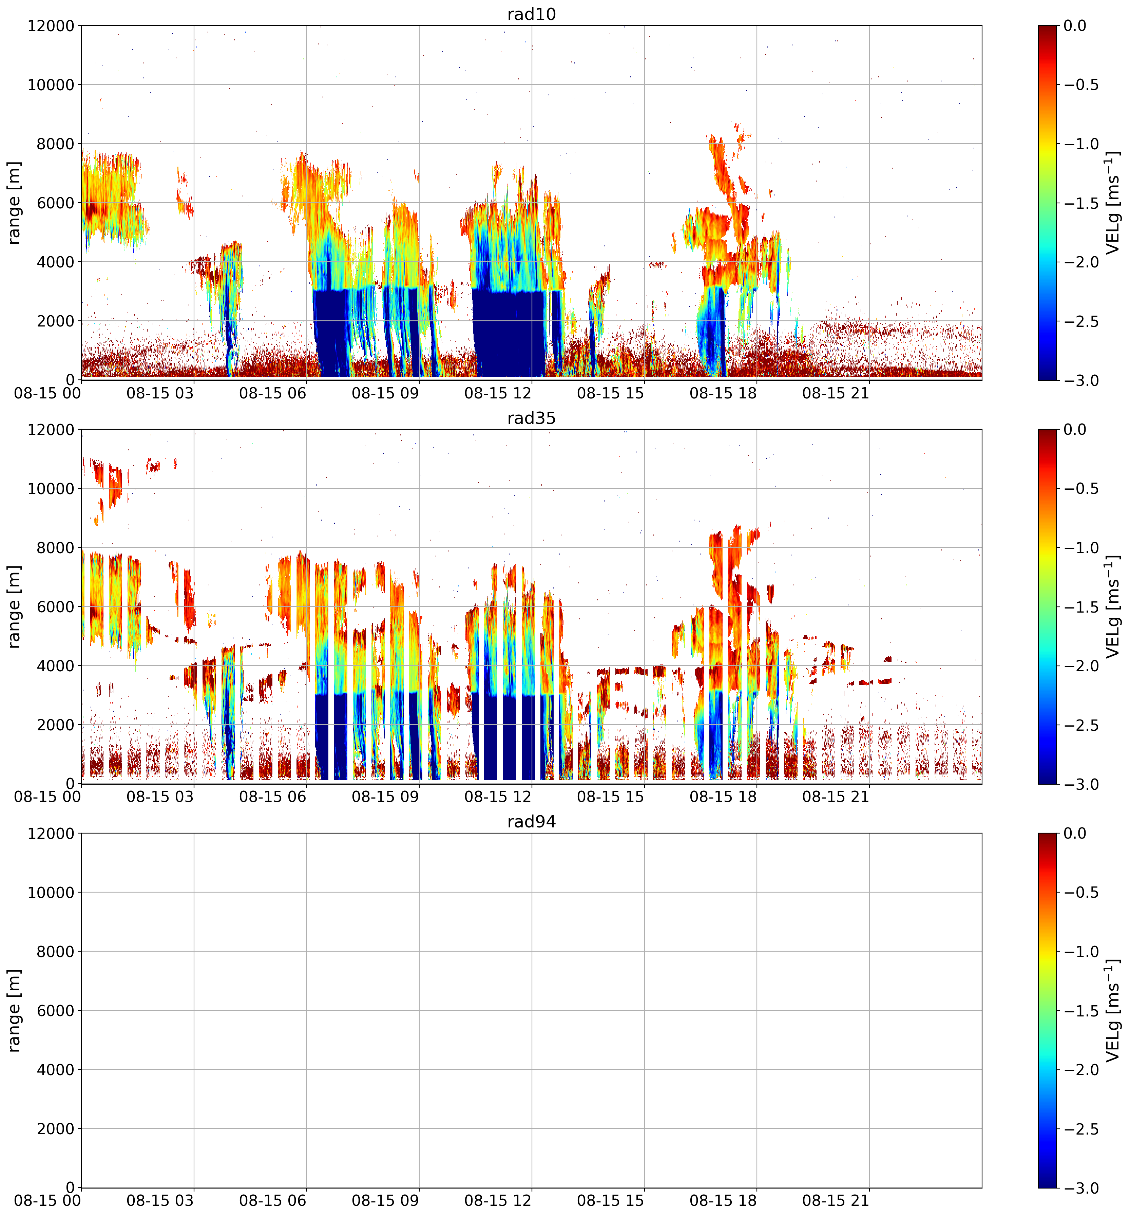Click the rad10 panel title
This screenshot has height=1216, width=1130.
tap(531, 14)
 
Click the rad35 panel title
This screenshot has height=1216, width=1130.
tap(531, 418)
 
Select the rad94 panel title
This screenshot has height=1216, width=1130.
tap(531, 822)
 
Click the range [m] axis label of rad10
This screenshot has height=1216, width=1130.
tap(14, 203)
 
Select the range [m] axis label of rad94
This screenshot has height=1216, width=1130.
tap(14, 1010)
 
